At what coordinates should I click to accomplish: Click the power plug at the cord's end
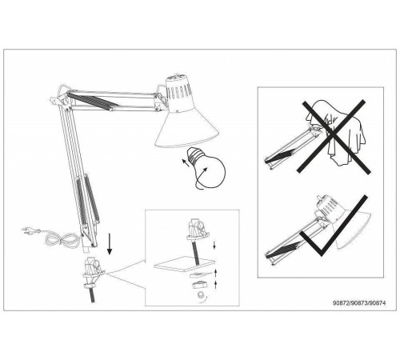click(x=30, y=230)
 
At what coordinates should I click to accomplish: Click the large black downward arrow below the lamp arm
click(x=110, y=244)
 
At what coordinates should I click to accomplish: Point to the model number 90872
click(x=341, y=303)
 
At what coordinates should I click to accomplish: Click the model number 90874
click(x=378, y=303)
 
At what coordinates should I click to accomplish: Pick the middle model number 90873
click(x=359, y=303)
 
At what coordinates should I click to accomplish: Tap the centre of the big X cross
click(x=334, y=136)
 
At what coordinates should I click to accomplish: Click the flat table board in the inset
click(x=184, y=264)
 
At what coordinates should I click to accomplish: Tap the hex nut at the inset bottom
click(x=200, y=295)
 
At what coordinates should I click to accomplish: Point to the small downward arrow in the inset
click(x=214, y=246)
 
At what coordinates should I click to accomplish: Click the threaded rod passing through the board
click(x=195, y=252)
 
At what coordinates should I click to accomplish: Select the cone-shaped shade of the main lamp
click(x=187, y=129)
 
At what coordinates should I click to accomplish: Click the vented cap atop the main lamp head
click(x=178, y=92)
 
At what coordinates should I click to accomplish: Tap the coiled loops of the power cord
click(x=62, y=238)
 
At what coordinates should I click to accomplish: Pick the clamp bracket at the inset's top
click(x=198, y=228)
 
